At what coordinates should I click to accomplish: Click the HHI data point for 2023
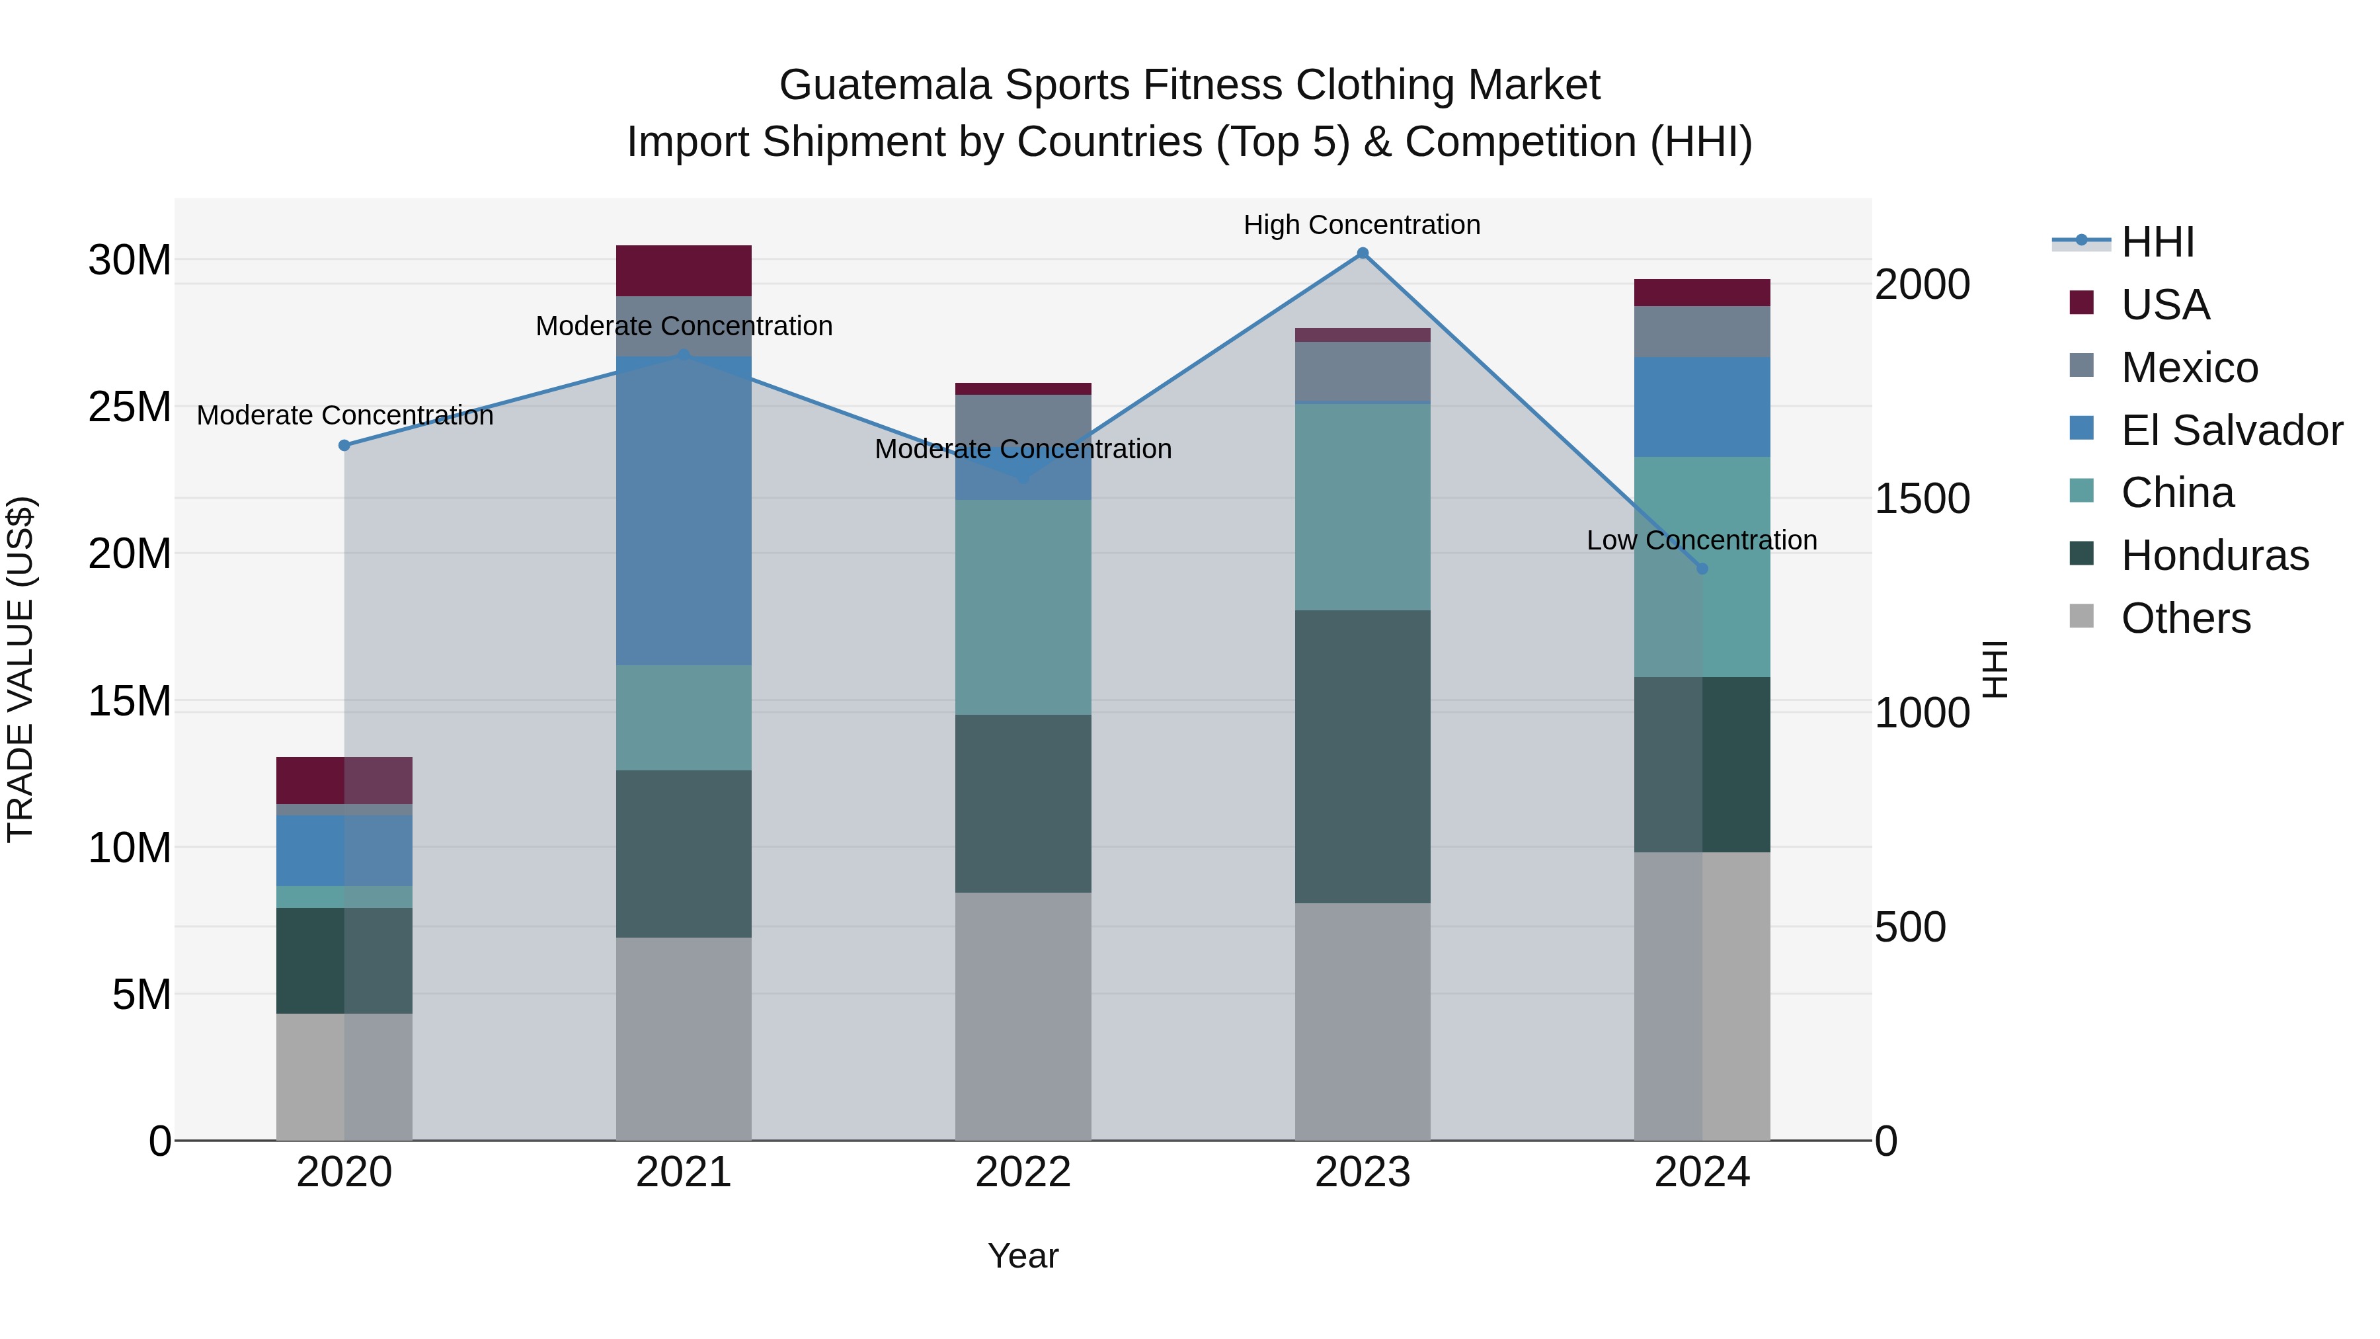click(x=1362, y=253)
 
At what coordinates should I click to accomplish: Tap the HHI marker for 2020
click(x=344, y=446)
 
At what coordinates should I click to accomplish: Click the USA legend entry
click(x=2164, y=305)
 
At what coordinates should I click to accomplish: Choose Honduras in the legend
click(x=2215, y=555)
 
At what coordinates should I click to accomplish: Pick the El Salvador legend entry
click(x=2231, y=430)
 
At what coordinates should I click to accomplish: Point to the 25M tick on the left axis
click(x=130, y=407)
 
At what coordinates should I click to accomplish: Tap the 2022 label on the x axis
click(x=1023, y=1172)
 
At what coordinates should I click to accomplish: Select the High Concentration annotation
click(x=1362, y=225)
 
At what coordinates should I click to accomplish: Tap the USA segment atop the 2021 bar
click(x=684, y=270)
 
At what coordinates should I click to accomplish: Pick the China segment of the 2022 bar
click(x=1023, y=607)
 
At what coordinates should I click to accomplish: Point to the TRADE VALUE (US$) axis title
click(x=20, y=669)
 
